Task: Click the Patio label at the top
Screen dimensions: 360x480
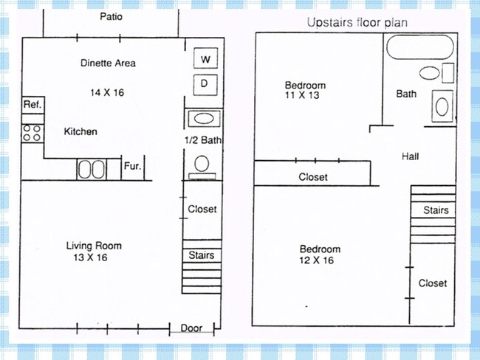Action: click(x=112, y=16)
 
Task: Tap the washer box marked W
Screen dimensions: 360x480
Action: click(x=204, y=58)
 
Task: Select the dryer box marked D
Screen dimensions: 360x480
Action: click(x=204, y=83)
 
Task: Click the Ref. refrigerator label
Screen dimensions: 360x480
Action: click(x=32, y=105)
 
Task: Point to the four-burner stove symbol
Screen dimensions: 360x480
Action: click(x=32, y=133)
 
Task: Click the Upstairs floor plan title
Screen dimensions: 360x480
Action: click(x=357, y=23)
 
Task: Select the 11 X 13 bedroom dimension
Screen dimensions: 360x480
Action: click(x=304, y=95)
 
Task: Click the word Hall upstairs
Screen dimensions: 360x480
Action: click(x=411, y=156)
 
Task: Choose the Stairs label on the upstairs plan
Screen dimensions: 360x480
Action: click(x=436, y=210)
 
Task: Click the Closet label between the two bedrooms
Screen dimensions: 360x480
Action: click(x=313, y=177)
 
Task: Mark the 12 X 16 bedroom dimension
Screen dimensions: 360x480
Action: click(x=319, y=260)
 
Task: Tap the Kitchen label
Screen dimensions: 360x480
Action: click(x=80, y=131)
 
